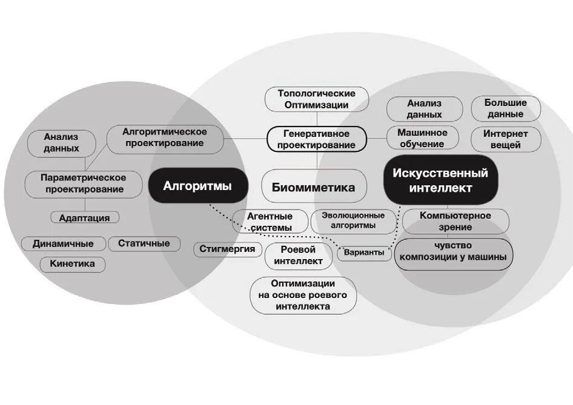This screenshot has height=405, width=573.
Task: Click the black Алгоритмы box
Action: (197, 186)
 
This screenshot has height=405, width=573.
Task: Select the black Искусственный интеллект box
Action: (440, 180)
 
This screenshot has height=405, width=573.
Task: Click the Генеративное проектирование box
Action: (317, 139)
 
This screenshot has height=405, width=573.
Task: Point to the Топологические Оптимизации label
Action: (317, 99)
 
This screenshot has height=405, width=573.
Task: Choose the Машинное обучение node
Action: (423, 138)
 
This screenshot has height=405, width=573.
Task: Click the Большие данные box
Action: (505, 108)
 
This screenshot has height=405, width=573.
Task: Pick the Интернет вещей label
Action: (505, 139)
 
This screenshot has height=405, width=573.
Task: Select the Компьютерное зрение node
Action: (455, 221)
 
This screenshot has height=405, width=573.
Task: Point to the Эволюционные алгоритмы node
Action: (353, 220)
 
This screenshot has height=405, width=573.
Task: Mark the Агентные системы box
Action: (270, 222)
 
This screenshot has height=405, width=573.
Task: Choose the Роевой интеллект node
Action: (299, 256)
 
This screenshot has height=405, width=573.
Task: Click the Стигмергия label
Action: (228, 249)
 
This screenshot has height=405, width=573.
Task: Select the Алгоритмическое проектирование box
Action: (165, 138)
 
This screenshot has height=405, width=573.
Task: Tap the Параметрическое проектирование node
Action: (83, 183)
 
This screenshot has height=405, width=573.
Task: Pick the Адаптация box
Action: (85, 217)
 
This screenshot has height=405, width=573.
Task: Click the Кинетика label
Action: (73, 264)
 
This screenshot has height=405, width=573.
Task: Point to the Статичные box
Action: (144, 243)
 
